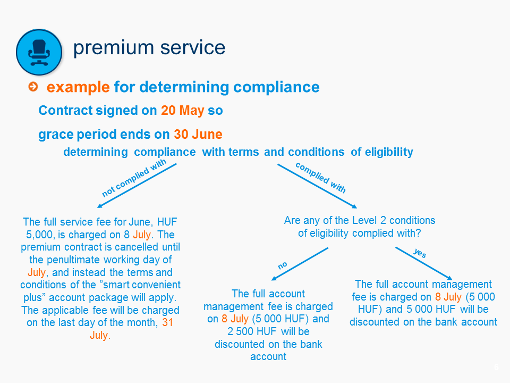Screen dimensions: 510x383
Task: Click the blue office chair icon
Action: point(39,52)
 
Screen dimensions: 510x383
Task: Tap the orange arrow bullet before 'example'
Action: point(33,87)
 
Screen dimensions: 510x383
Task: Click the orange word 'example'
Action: point(78,87)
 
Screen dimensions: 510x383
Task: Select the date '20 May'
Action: point(182,111)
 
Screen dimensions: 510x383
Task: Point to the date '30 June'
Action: point(198,134)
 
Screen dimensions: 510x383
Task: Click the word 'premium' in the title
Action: point(114,48)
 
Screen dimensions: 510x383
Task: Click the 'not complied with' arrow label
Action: point(134,178)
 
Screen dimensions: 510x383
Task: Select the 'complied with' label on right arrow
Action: point(320,178)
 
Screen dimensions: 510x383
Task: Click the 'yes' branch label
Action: point(420,253)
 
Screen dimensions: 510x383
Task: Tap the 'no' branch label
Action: point(282,265)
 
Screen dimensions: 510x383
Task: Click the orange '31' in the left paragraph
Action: point(167,322)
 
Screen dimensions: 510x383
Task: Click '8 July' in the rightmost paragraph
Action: point(448,297)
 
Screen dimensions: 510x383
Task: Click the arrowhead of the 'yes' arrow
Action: point(449,278)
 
